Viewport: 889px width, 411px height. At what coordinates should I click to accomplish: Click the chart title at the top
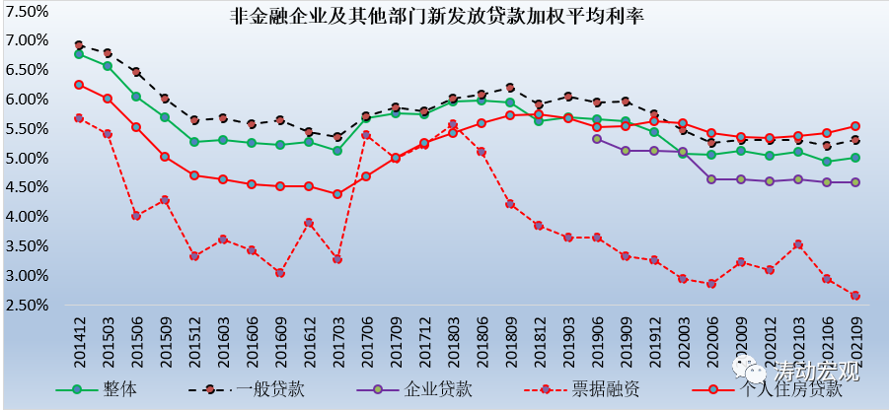pyautogui.click(x=435, y=17)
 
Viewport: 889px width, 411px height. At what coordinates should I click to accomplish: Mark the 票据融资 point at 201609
pyautogui.click(x=280, y=273)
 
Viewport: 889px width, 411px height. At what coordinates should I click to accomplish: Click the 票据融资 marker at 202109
pyautogui.click(x=855, y=296)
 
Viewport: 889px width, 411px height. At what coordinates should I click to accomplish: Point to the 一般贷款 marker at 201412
pyautogui.click(x=79, y=45)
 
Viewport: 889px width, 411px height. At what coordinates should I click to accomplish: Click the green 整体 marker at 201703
pyautogui.click(x=337, y=151)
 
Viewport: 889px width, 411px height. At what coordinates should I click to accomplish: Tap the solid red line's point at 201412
pyautogui.click(x=79, y=85)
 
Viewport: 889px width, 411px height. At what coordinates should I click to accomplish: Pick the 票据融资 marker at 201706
pyautogui.click(x=366, y=135)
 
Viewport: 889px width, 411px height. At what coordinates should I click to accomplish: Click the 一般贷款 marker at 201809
pyautogui.click(x=510, y=88)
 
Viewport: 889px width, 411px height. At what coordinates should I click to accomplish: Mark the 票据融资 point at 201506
pyautogui.click(x=136, y=215)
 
